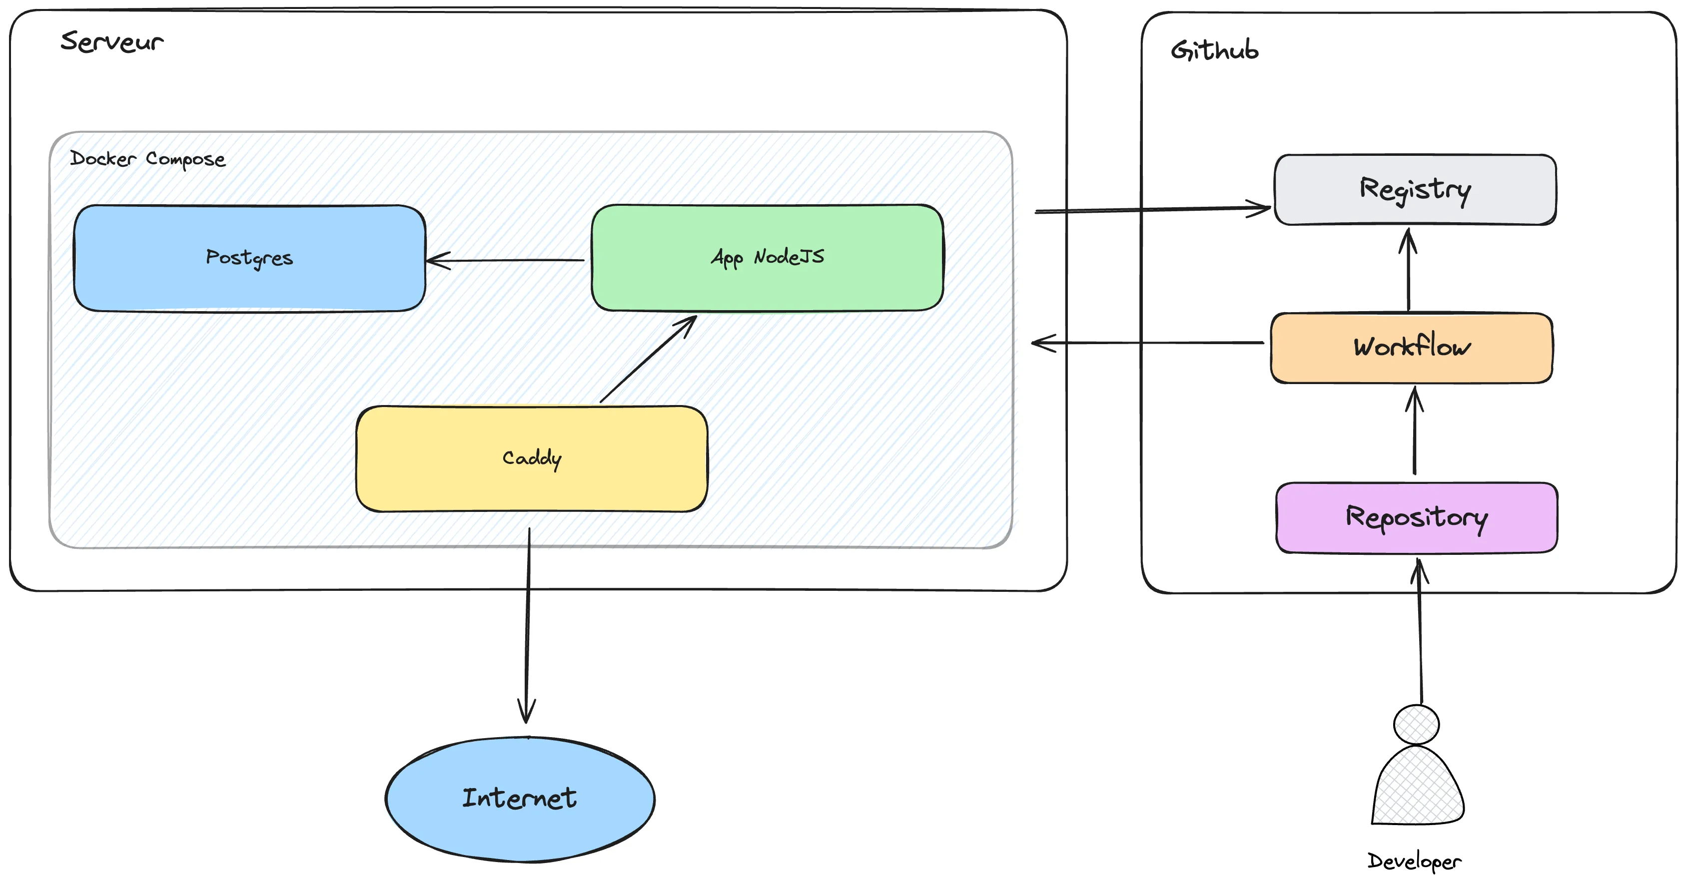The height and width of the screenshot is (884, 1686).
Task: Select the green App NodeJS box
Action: click(767, 257)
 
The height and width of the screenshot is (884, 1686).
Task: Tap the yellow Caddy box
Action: click(532, 458)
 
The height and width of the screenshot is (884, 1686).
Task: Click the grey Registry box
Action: click(1415, 189)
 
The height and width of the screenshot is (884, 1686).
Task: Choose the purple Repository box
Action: click(1416, 517)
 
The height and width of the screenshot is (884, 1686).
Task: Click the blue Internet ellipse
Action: click(520, 798)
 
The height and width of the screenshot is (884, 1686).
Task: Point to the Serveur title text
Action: click(112, 42)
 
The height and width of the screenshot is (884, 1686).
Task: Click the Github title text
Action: click(1215, 50)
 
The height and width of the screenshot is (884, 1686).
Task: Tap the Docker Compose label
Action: click(148, 159)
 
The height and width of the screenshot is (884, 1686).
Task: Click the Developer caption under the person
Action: click(1414, 861)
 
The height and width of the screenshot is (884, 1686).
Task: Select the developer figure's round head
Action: click(1416, 724)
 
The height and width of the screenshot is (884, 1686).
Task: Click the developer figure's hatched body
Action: click(1418, 789)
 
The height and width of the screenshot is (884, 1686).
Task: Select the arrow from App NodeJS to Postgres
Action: click(505, 260)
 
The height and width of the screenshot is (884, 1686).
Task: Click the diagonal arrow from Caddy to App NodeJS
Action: click(648, 359)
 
